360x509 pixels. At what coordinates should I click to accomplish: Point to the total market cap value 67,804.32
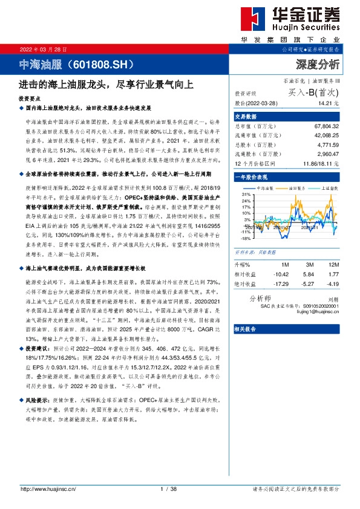click(327, 126)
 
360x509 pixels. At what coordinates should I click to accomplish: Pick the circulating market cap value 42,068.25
click(327, 135)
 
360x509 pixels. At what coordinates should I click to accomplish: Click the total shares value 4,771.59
click(329, 144)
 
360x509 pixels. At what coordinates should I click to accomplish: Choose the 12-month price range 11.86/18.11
click(322, 163)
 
